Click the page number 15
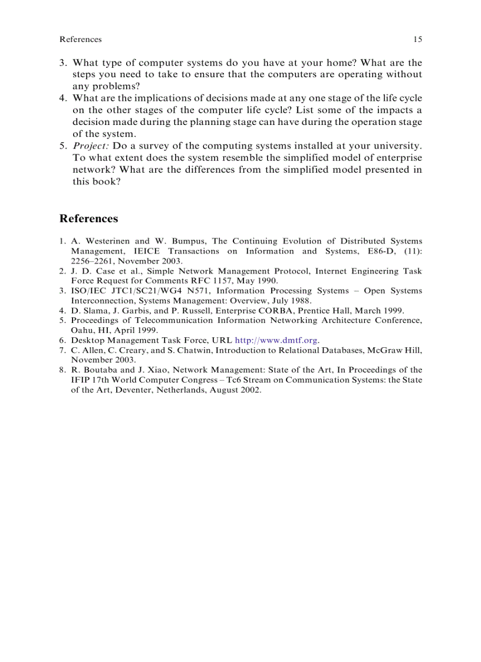click(x=417, y=39)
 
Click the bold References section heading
click(x=88, y=219)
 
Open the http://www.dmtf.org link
click(x=276, y=340)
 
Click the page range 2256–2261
click(x=94, y=261)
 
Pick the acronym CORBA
click(x=275, y=310)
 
